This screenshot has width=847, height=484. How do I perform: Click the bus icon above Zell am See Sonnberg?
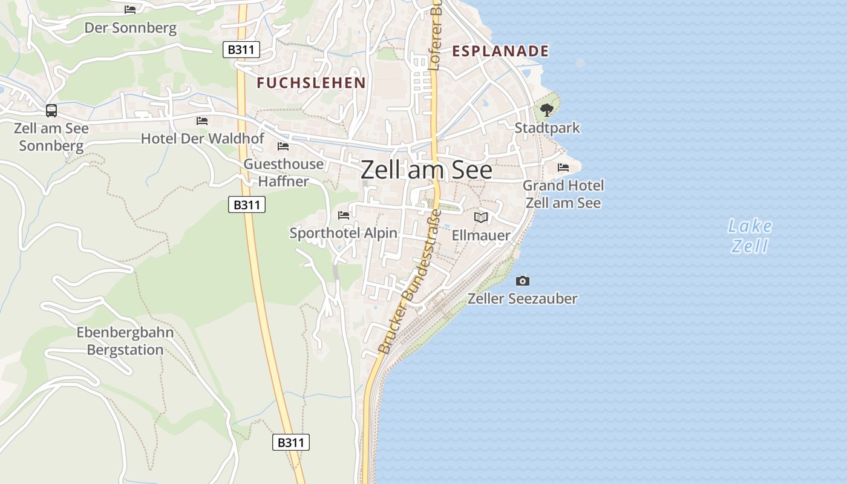[51, 111]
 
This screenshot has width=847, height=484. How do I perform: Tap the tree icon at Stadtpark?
[547, 110]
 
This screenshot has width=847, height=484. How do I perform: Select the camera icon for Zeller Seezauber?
[523, 281]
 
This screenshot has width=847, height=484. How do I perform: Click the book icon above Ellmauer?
[481, 217]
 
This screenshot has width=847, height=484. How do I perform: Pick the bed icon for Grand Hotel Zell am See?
[563, 168]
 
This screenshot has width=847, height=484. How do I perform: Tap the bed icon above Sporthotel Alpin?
[344, 215]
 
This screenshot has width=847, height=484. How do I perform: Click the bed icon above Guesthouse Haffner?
[283, 146]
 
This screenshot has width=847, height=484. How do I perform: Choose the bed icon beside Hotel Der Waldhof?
[202, 121]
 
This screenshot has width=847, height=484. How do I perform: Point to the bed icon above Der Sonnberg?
[130, 10]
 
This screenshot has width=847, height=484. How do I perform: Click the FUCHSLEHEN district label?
[311, 83]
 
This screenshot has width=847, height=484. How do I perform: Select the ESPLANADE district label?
[500, 51]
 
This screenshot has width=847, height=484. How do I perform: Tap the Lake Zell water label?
[750, 236]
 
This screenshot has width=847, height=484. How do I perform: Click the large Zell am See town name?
[427, 170]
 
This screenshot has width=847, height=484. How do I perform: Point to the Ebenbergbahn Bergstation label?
[125, 341]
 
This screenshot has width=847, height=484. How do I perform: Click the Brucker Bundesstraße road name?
[409, 281]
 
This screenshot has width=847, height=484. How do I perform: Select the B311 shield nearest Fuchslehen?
[241, 50]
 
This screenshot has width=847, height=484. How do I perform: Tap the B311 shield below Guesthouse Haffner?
[247, 204]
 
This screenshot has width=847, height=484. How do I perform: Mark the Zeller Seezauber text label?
[523, 298]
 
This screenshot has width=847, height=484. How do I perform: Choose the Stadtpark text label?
[547, 128]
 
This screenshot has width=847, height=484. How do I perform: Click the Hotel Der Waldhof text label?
[202, 139]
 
